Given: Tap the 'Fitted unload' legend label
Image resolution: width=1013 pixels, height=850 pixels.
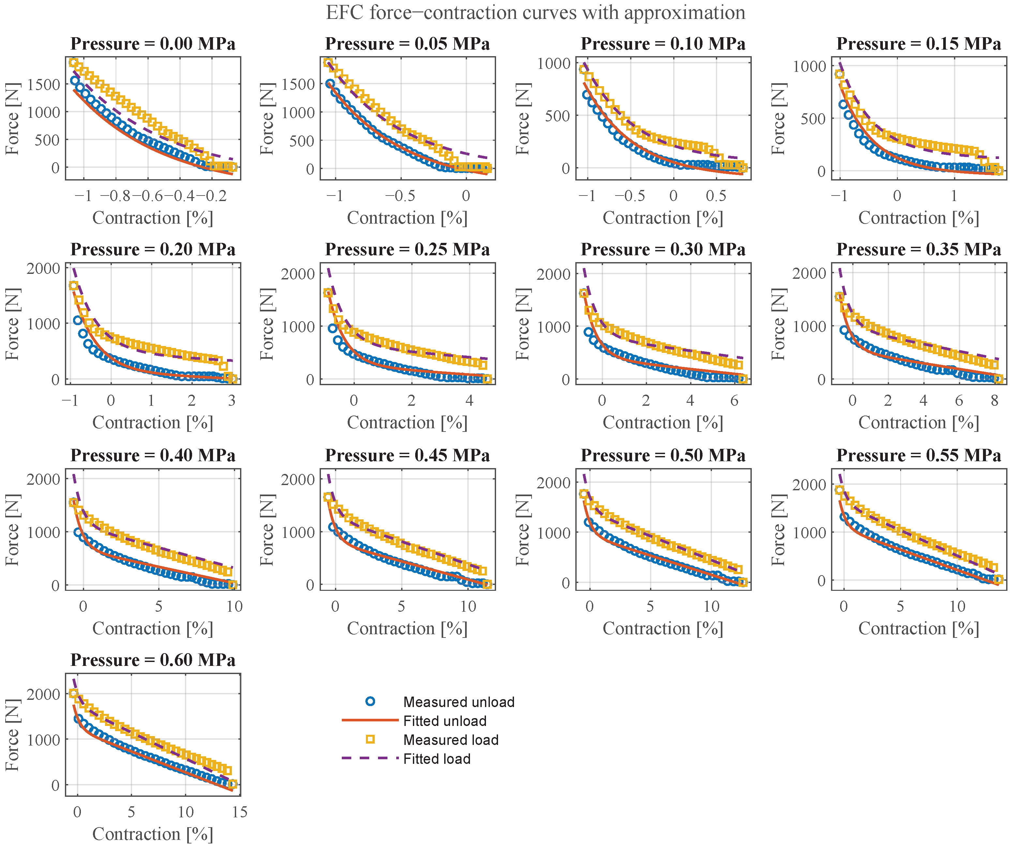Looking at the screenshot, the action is coord(445,721).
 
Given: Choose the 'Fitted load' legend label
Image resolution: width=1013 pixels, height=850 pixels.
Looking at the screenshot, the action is coord(437,759).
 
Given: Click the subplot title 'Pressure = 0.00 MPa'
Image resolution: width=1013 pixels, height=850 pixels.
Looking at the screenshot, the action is coord(153,44).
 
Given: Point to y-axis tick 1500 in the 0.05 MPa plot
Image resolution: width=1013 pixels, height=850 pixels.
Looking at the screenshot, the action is coord(298,85).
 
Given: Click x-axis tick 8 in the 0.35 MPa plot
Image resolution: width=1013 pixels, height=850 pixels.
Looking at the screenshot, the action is coord(994,401).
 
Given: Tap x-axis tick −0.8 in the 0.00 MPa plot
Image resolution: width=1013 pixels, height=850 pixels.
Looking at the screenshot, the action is coord(116,196).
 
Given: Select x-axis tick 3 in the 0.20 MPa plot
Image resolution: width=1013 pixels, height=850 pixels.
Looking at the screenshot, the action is coord(232,401).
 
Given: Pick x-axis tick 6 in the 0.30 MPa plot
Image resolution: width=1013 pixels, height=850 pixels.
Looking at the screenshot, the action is coord(734,401).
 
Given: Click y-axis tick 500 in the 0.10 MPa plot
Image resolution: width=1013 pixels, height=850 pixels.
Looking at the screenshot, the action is coord(558,116).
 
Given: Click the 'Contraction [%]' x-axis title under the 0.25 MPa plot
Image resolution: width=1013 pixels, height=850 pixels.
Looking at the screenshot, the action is coord(408,423).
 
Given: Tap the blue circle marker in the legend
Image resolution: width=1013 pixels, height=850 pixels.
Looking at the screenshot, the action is coord(370,701).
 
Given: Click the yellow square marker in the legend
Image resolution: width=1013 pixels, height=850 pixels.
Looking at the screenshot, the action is coord(370,739).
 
